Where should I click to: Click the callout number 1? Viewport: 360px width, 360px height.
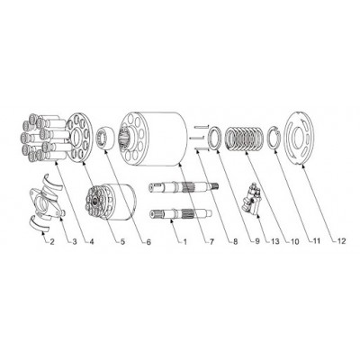point(185,241)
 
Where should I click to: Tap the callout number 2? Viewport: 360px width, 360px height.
point(52,241)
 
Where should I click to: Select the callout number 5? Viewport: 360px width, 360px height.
point(122,241)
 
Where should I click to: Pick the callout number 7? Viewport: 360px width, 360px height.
point(211,241)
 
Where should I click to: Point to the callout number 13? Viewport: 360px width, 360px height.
point(274,241)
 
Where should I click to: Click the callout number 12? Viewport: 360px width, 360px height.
point(341,241)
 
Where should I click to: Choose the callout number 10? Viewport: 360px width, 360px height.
point(295,241)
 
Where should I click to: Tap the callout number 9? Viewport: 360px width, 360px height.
point(256,241)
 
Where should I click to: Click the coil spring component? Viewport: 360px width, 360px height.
point(244,139)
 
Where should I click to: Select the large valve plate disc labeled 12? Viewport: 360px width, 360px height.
point(301,139)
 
